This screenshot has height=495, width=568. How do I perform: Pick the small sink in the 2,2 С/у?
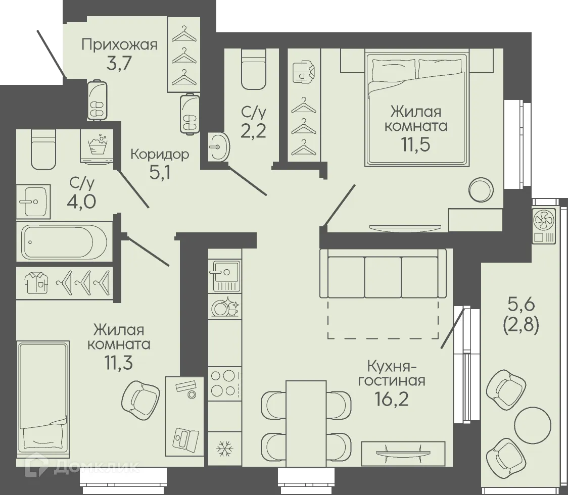tap(219, 146)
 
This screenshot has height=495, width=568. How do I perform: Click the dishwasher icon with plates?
tap(224, 307)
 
